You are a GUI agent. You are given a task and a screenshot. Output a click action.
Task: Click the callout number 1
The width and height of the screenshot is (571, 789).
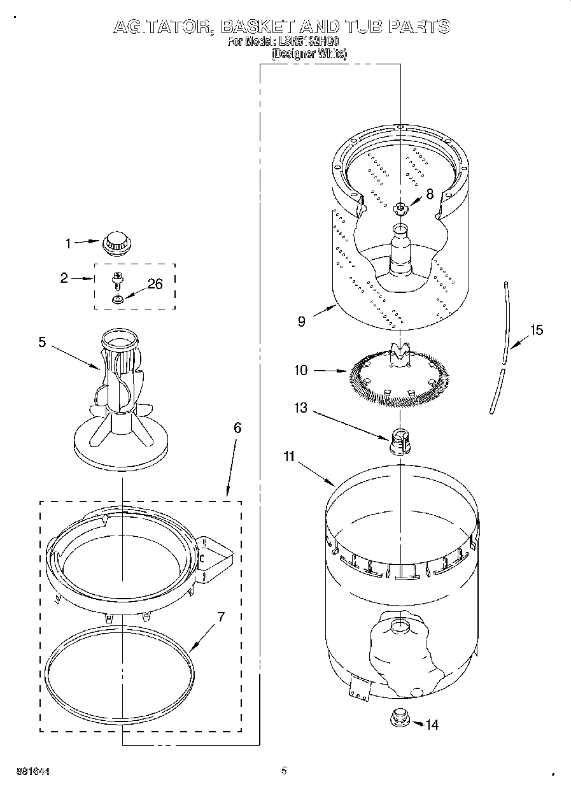click(69, 242)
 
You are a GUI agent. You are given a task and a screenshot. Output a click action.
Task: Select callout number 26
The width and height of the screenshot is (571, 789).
click(155, 284)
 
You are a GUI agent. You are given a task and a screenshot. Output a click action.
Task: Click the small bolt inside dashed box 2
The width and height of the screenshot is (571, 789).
click(117, 279)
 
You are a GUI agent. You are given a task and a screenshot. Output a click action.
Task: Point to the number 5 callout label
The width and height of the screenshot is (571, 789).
click(42, 342)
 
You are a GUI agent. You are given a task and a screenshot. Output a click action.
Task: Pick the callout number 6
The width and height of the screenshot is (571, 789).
click(237, 428)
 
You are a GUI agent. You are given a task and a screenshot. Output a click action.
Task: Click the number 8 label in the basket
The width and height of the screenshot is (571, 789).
click(430, 194)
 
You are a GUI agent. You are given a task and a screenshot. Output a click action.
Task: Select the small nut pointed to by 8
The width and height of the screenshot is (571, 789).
click(400, 207)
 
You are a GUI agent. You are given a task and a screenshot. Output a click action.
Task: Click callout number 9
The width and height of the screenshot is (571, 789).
click(301, 322)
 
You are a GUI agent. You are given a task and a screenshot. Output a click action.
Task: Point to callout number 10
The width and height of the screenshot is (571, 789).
click(300, 370)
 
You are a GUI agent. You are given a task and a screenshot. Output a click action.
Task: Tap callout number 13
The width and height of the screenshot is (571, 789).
click(300, 408)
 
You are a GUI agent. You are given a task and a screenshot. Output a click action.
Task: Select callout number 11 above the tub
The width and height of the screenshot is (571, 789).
click(290, 456)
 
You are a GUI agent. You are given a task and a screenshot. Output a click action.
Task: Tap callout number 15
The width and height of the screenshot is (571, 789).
click(537, 330)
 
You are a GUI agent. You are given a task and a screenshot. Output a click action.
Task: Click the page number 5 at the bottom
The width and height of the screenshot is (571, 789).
click(284, 771)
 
